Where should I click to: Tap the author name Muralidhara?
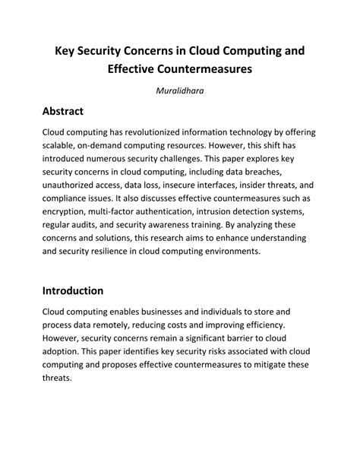(x=180, y=92)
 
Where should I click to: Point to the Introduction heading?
(x=83, y=290)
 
